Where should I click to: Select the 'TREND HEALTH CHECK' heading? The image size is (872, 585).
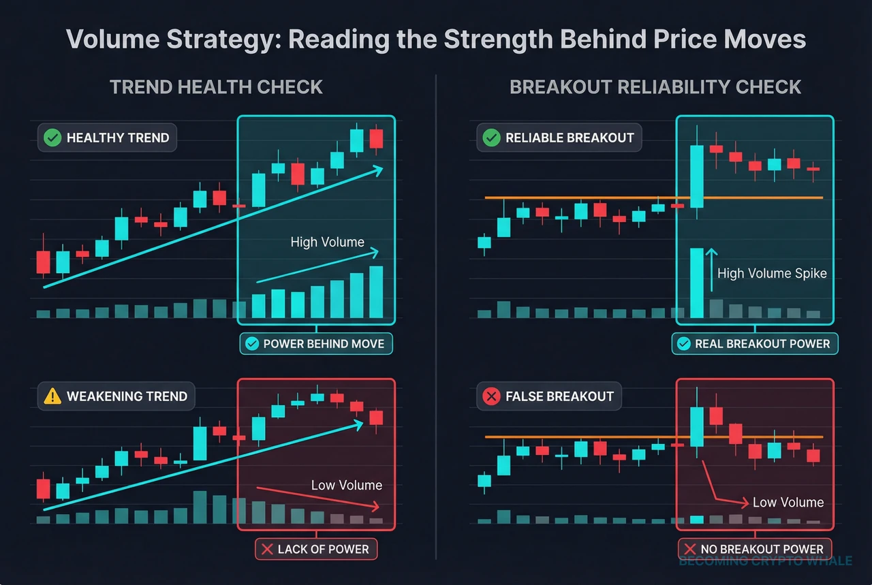click(x=216, y=87)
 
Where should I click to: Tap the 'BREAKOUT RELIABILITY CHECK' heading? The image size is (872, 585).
click(x=655, y=87)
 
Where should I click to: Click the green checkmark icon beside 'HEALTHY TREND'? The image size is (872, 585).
click(x=52, y=138)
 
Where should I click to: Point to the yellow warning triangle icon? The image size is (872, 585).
click(x=52, y=396)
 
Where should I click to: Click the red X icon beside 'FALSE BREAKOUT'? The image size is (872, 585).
click(x=490, y=396)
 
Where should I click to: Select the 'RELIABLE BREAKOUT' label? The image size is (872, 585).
click(x=569, y=138)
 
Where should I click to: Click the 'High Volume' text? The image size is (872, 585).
click(x=327, y=242)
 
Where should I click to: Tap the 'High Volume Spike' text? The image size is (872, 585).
click(x=772, y=273)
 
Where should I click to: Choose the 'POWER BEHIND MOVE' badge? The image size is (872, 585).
click(x=316, y=344)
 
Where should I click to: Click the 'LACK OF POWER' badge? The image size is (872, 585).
click(x=315, y=549)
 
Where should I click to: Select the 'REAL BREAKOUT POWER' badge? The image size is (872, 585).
click(x=754, y=344)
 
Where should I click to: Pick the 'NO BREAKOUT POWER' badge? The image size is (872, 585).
click(x=754, y=549)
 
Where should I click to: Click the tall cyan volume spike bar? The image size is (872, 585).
click(x=696, y=283)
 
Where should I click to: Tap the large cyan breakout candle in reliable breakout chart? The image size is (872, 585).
click(x=696, y=176)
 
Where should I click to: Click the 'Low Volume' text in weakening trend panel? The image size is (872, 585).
click(x=346, y=485)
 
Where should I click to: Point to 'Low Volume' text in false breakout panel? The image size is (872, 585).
click(x=788, y=502)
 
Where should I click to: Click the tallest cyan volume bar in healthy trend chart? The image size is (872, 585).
click(x=376, y=292)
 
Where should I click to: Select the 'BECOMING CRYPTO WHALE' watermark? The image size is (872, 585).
click(x=765, y=561)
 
